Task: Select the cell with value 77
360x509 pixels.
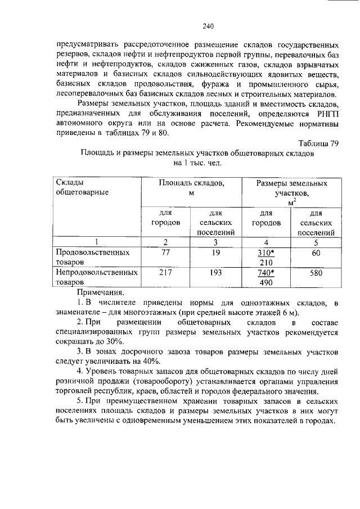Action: click(165, 253)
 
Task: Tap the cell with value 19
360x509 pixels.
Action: click(216, 253)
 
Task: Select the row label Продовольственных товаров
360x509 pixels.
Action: click(92, 258)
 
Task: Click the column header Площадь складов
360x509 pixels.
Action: click(191, 188)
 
